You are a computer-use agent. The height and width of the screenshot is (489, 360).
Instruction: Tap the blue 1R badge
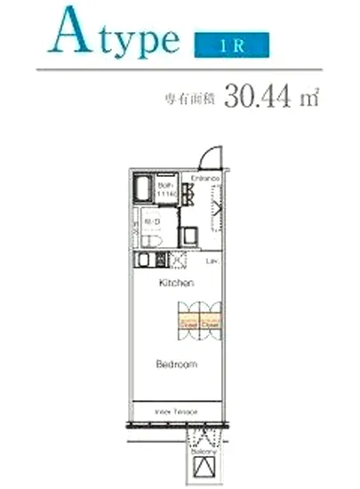[x=228, y=43]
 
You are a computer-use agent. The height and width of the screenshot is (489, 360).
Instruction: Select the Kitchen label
[x=177, y=284]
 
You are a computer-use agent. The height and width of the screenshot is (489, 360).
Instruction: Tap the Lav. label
[x=212, y=261]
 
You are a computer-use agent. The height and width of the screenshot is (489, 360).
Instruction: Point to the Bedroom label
[x=176, y=365]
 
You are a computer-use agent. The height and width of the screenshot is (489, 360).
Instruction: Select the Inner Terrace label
[x=176, y=412]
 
